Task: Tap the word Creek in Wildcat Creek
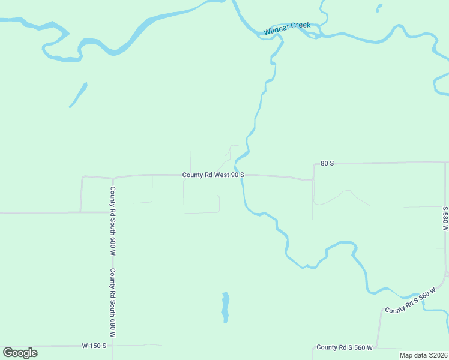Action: (x=301, y=25)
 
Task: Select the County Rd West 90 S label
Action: (x=213, y=175)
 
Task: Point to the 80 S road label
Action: (x=327, y=163)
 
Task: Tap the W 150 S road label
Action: (x=94, y=346)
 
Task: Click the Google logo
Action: (x=20, y=353)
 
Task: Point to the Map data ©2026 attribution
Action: (x=423, y=355)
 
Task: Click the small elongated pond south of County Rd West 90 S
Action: (x=226, y=307)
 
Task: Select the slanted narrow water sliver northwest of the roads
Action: (x=78, y=95)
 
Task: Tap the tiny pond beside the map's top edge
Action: (x=379, y=8)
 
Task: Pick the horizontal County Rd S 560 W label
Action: (x=345, y=347)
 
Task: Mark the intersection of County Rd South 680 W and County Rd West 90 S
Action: (x=113, y=178)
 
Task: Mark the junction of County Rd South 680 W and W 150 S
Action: (x=113, y=346)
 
